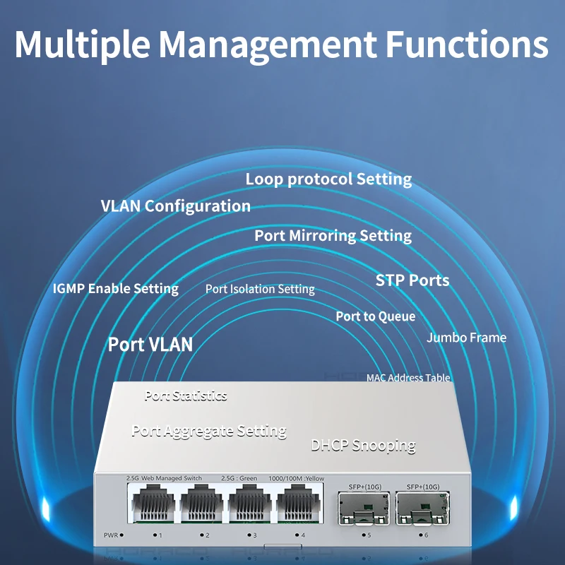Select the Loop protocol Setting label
328,179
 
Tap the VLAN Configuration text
176,206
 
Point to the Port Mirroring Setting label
333,235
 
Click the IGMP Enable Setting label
116,288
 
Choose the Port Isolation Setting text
260,289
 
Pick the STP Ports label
412,280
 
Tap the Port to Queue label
375,316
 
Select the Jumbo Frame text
466,338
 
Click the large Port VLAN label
150,345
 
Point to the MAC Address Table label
408,378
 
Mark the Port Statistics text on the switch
186,395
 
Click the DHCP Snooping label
363,446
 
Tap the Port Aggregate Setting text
209,431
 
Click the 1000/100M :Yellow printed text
296,479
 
